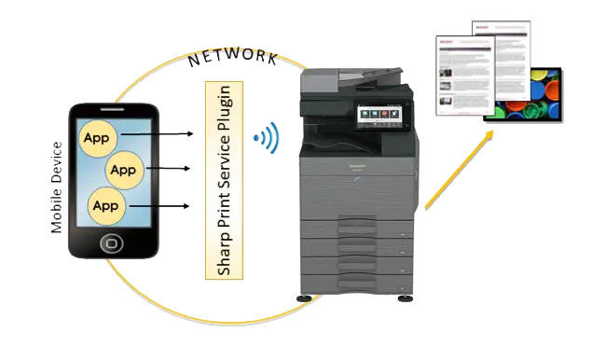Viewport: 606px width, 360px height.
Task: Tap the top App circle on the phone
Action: [x=94, y=138]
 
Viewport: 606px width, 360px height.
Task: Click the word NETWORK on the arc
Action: [x=232, y=57]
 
